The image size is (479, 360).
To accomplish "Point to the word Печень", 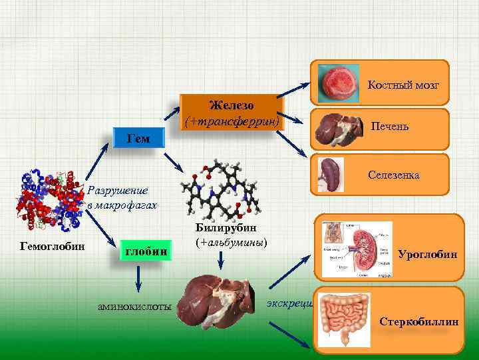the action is (x=390, y=127).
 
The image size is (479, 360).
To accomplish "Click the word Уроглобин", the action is (x=427, y=255).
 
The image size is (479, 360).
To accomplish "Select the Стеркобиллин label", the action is (x=418, y=321).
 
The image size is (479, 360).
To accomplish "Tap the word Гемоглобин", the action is (x=53, y=246).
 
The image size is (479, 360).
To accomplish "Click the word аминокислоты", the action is (x=135, y=305).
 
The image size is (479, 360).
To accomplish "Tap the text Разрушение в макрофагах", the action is (x=122, y=198).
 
